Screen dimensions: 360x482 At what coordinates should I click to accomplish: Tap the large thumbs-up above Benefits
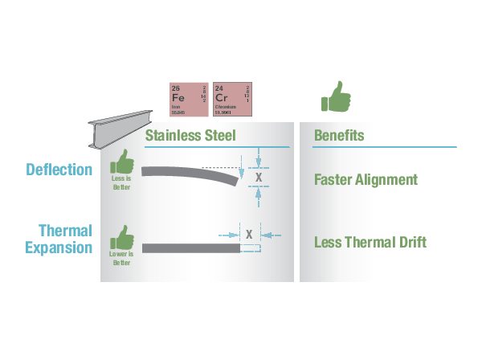336,96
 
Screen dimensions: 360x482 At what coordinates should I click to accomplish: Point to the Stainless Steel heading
190,136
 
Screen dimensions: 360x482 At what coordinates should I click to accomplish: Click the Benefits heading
339,136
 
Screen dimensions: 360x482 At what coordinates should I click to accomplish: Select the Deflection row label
59,170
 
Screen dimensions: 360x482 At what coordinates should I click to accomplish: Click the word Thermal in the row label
65,229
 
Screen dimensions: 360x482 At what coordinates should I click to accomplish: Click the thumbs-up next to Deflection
121,162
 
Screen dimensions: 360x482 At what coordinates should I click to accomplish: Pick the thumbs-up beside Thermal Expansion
121,238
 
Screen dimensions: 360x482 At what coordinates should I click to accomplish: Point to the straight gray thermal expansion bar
190,247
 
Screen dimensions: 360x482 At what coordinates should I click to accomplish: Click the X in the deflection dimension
258,176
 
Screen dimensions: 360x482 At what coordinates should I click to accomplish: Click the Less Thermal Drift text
370,243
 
